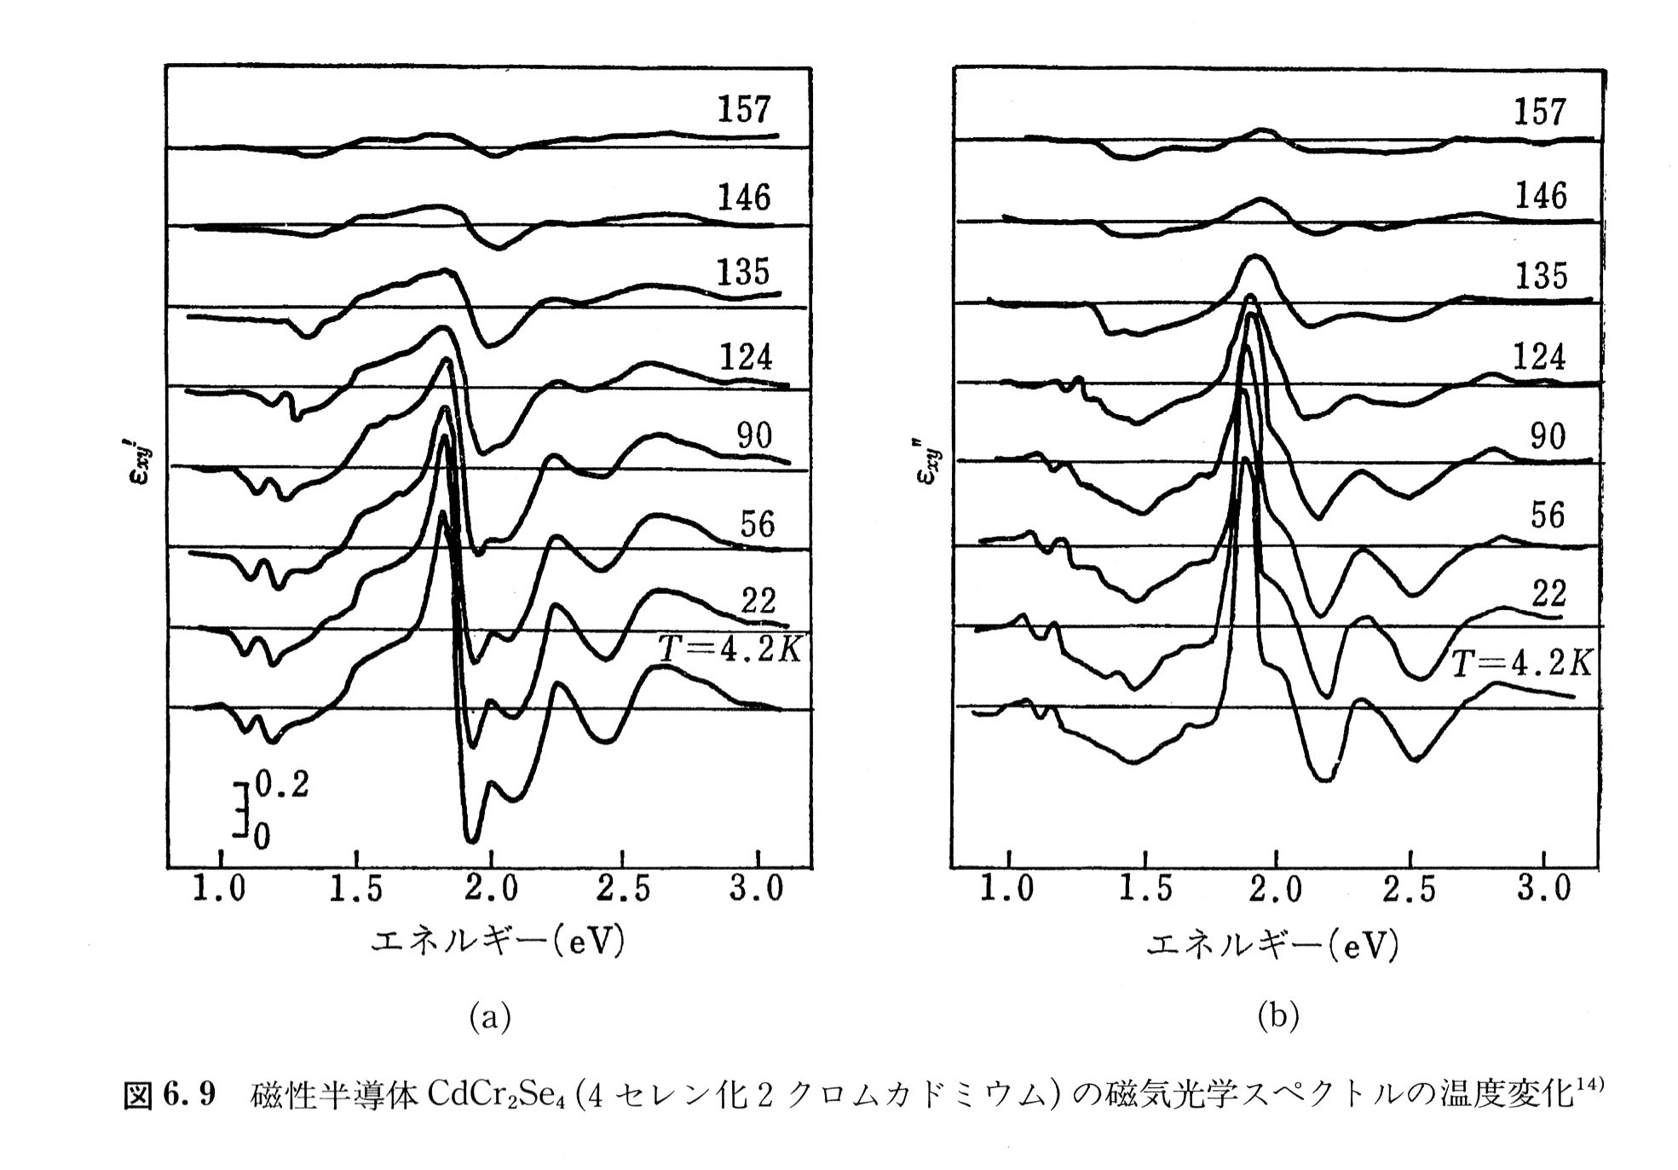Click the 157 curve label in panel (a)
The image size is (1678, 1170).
tap(743, 110)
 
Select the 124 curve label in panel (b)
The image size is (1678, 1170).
tap(1539, 356)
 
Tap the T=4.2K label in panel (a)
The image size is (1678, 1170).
tap(729, 650)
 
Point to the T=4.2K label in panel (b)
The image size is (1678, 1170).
tap(1521, 663)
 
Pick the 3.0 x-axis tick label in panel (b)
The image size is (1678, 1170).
tap(1543, 889)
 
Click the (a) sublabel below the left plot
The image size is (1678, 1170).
tap(490, 1016)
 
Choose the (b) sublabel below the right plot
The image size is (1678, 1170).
tap(1278, 1016)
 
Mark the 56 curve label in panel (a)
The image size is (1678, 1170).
tap(757, 523)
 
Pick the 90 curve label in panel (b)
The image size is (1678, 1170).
tap(1548, 436)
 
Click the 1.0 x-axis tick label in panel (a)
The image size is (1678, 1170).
tap(220, 889)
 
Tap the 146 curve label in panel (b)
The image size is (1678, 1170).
tap(1540, 196)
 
